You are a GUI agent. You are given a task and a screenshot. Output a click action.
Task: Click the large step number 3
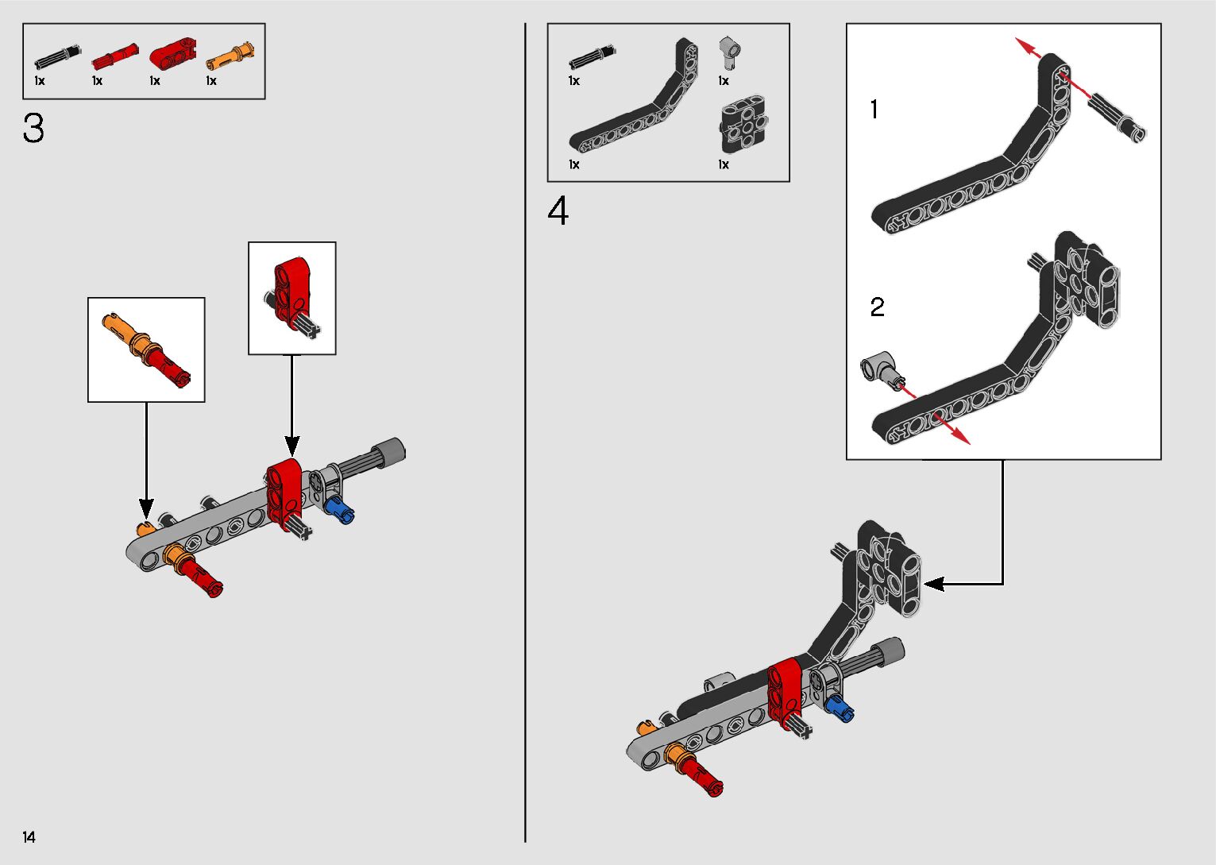pyautogui.click(x=33, y=129)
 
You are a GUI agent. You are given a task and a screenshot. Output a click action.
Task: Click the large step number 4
pyautogui.click(x=558, y=212)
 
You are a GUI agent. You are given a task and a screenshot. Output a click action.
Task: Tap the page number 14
pyautogui.click(x=29, y=837)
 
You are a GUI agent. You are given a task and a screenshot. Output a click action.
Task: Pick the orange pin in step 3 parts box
pyautogui.click(x=230, y=58)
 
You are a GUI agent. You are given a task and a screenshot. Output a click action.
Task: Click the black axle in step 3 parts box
pyautogui.click(x=57, y=56)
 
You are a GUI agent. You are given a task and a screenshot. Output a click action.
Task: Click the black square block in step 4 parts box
pyautogui.click(x=743, y=126)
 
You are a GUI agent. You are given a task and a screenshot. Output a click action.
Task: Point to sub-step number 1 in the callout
pyautogui.click(x=874, y=110)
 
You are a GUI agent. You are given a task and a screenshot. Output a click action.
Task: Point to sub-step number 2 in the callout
pyautogui.click(x=877, y=307)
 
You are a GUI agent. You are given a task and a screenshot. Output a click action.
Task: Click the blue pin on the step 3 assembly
pyautogui.click(x=340, y=508)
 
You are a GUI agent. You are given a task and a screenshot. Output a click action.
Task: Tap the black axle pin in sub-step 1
pyautogui.click(x=1117, y=117)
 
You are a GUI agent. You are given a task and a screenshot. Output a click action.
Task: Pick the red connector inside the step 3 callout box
pyautogui.click(x=291, y=287)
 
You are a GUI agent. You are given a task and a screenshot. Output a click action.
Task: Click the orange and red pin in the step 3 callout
pyautogui.click(x=146, y=349)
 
